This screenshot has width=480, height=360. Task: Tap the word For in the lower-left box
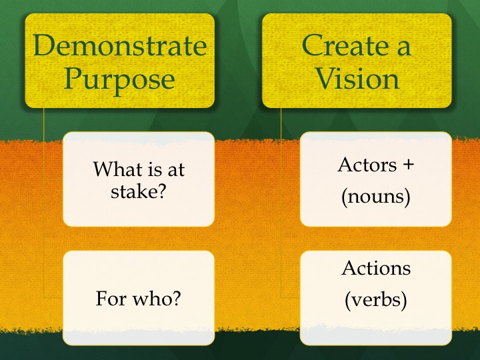(111, 298)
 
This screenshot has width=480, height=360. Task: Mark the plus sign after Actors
(407, 165)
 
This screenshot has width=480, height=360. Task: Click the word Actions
(376, 268)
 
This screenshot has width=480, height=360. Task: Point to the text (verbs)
(375, 300)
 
